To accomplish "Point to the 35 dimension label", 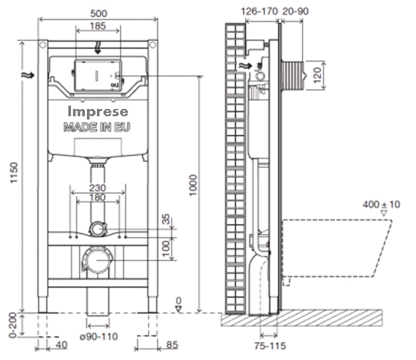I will pyautogui.click(x=166, y=219).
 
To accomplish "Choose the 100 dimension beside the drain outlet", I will pyautogui.click(x=167, y=246).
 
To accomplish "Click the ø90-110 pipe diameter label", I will pyautogui.click(x=99, y=336).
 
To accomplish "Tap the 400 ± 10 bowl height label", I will pyautogui.click(x=382, y=205).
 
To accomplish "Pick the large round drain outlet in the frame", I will pyautogui.click(x=96, y=259).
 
